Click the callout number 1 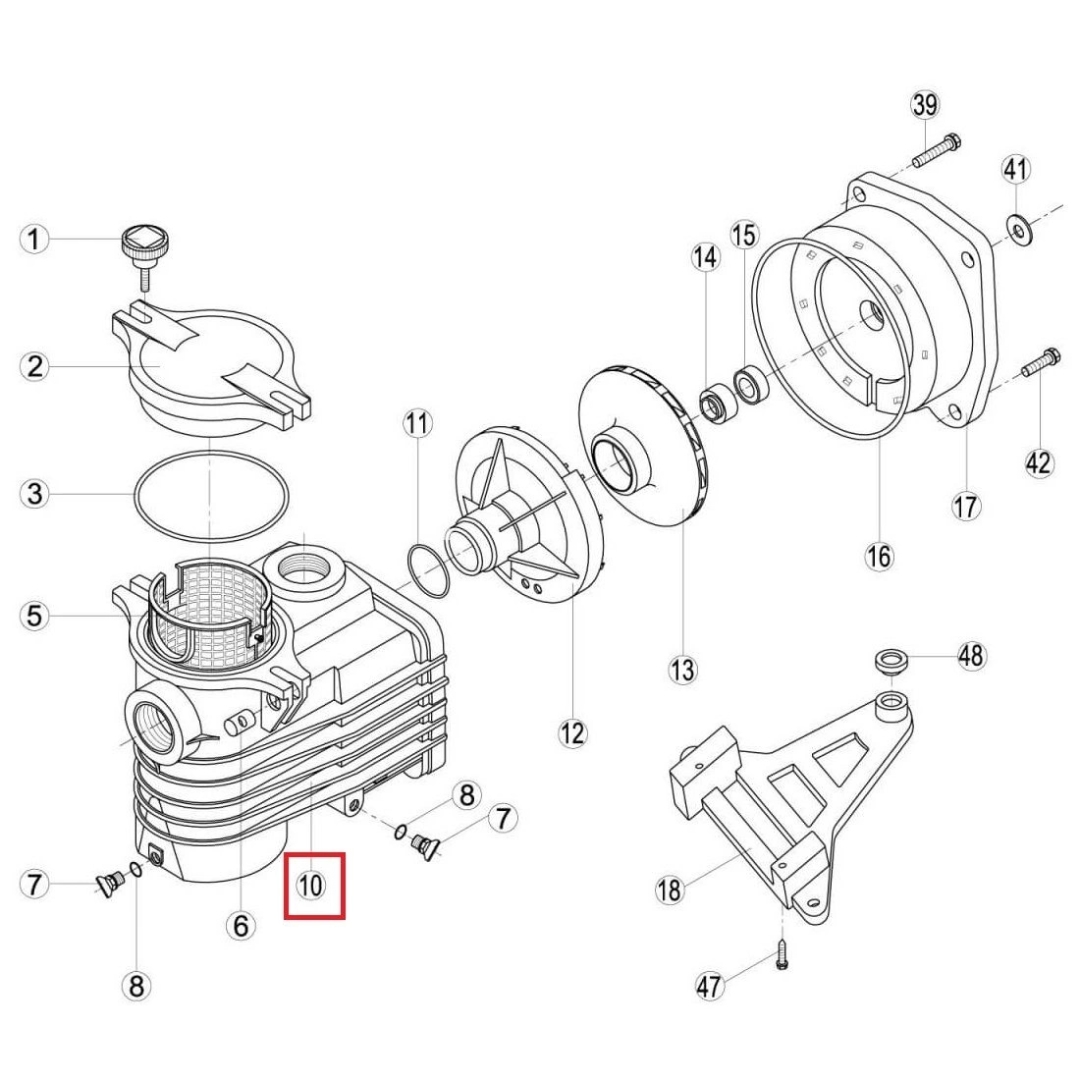click(34, 240)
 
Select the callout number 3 click(34, 494)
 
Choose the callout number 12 click(572, 733)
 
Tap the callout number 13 click(683, 669)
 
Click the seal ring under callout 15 click(750, 384)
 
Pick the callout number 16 click(880, 556)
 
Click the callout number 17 click(966, 506)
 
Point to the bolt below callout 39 click(937, 152)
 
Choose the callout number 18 click(669, 890)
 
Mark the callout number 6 click(241, 926)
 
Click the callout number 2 click(34, 366)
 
